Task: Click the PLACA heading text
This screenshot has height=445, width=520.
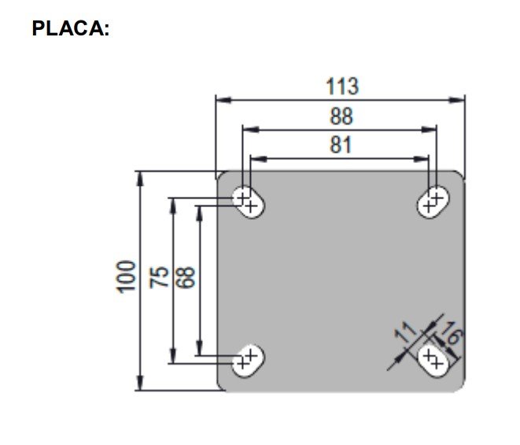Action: [x=71, y=28]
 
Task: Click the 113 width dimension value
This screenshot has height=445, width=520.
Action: [x=342, y=87]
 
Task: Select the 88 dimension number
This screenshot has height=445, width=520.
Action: [x=341, y=117]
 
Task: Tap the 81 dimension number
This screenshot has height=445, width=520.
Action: [x=341, y=145]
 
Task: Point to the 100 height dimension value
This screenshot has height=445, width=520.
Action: [x=126, y=277]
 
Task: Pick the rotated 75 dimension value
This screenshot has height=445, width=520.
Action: [x=159, y=277]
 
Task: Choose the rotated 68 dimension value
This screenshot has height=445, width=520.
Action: [x=186, y=277]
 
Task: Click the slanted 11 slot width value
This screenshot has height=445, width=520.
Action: [x=405, y=332]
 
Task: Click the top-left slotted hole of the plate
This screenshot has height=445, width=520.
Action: [x=248, y=202]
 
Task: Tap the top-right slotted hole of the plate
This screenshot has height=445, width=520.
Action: [x=433, y=202]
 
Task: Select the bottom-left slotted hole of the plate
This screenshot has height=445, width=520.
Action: [x=248, y=361]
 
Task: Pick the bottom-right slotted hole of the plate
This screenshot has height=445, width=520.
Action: [x=433, y=361]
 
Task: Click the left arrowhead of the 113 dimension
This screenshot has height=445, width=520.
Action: [x=223, y=99]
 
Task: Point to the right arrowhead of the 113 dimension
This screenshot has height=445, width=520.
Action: [x=457, y=99]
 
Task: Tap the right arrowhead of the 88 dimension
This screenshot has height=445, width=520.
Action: [x=429, y=129]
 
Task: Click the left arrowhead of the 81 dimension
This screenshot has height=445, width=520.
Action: [x=259, y=159]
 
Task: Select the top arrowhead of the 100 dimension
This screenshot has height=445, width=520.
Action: [x=140, y=179]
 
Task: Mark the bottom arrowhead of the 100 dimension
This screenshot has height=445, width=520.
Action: [x=140, y=383]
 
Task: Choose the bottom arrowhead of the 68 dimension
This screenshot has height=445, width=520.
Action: [x=199, y=348]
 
